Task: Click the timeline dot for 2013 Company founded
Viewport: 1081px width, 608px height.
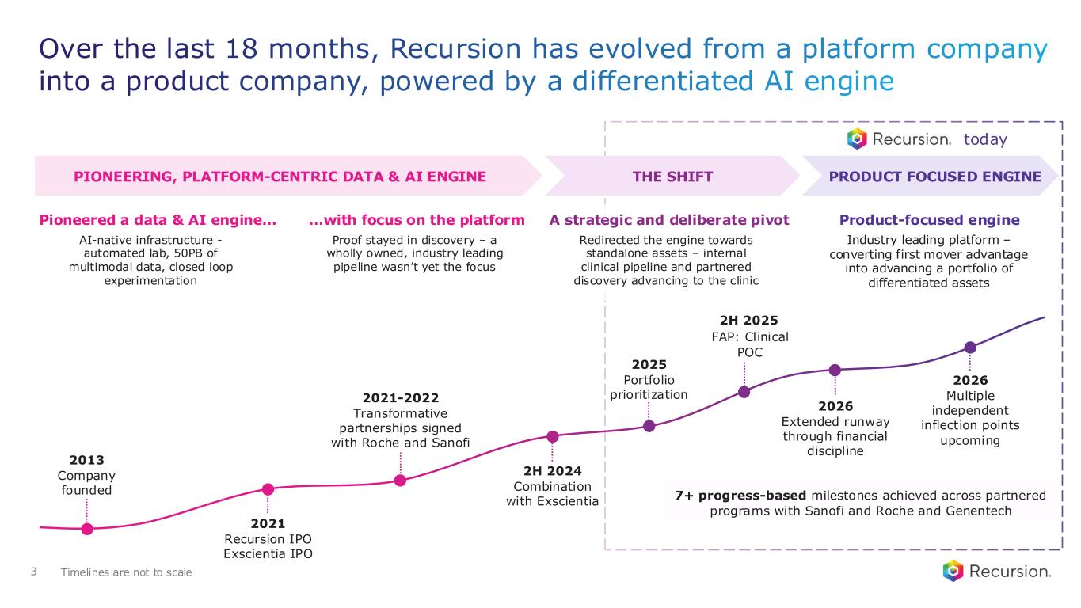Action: [x=87, y=529]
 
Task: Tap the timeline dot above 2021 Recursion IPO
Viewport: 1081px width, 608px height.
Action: [x=268, y=489]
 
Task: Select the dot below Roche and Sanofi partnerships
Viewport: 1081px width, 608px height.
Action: [x=400, y=480]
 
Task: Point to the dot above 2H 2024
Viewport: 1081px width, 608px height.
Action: [x=553, y=437]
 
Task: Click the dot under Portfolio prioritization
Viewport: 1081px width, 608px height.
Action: [x=649, y=426]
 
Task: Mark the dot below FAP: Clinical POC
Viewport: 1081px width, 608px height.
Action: [x=744, y=393]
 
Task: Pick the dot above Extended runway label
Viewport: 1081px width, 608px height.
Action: [x=835, y=370]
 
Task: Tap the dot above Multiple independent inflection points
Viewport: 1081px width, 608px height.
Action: [x=970, y=347]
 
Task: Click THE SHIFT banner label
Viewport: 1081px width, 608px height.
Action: [x=672, y=177]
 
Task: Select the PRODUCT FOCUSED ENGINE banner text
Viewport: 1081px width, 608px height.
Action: [x=934, y=177]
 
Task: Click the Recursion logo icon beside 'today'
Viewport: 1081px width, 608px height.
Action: [x=857, y=139]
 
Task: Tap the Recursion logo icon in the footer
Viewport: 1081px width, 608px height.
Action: [x=953, y=571]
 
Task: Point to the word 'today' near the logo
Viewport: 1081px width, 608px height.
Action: [x=985, y=139]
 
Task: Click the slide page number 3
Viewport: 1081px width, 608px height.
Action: [x=34, y=572]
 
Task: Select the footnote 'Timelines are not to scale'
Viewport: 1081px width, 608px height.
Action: [x=126, y=572]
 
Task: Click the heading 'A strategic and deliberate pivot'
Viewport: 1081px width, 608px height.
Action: [x=669, y=220]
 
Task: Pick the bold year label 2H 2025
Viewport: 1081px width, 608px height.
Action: [x=749, y=321]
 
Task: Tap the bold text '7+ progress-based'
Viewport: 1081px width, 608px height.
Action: [x=740, y=496]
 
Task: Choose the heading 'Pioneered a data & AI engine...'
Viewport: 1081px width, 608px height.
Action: [x=158, y=220]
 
